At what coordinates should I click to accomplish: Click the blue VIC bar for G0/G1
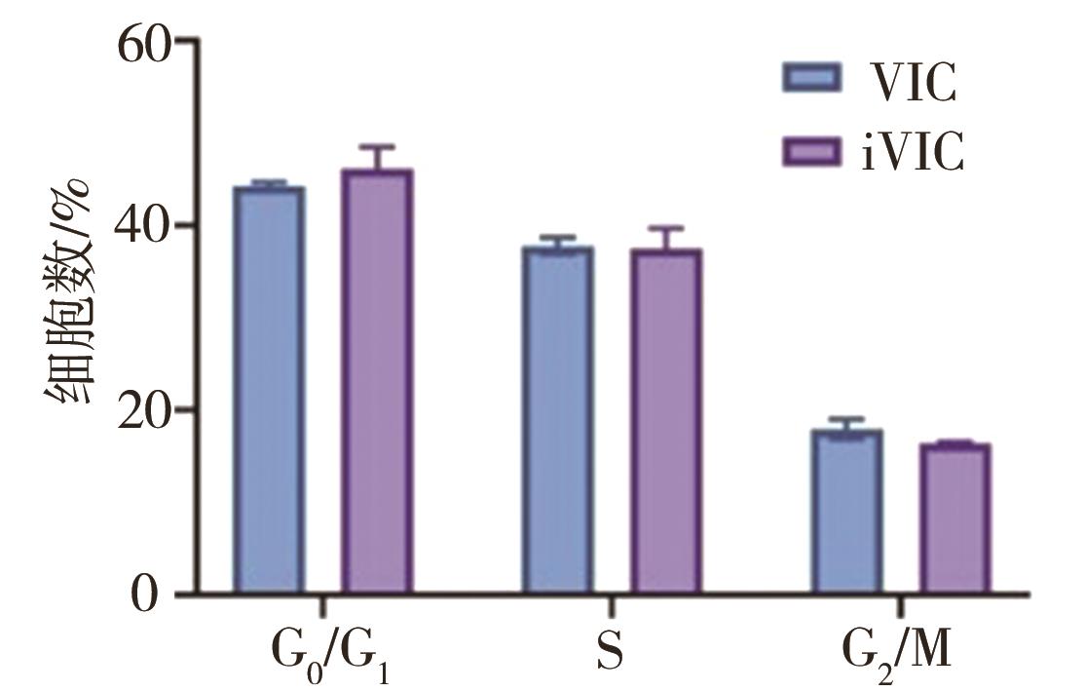pyautogui.click(x=268, y=390)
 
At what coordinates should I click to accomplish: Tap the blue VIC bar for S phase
pyautogui.click(x=557, y=420)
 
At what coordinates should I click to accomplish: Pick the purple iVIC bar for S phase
pyautogui.click(x=665, y=421)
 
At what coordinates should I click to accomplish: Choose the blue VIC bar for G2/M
pyautogui.click(x=847, y=512)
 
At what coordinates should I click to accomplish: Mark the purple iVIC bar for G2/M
pyautogui.click(x=955, y=519)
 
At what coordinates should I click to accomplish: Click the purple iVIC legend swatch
pyautogui.click(x=811, y=151)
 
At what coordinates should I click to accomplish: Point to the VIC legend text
pyautogui.click(x=912, y=82)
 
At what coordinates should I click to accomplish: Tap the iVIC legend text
pyautogui.click(x=912, y=153)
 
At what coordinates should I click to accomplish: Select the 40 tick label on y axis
pyautogui.click(x=145, y=226)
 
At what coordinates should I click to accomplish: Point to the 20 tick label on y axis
pyautogui.click(x=145, y=410)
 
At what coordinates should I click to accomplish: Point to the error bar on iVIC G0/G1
pyautogui.click(x=376, y=157)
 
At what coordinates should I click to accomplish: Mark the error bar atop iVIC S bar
pyautogui.click(x=665, y=238)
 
